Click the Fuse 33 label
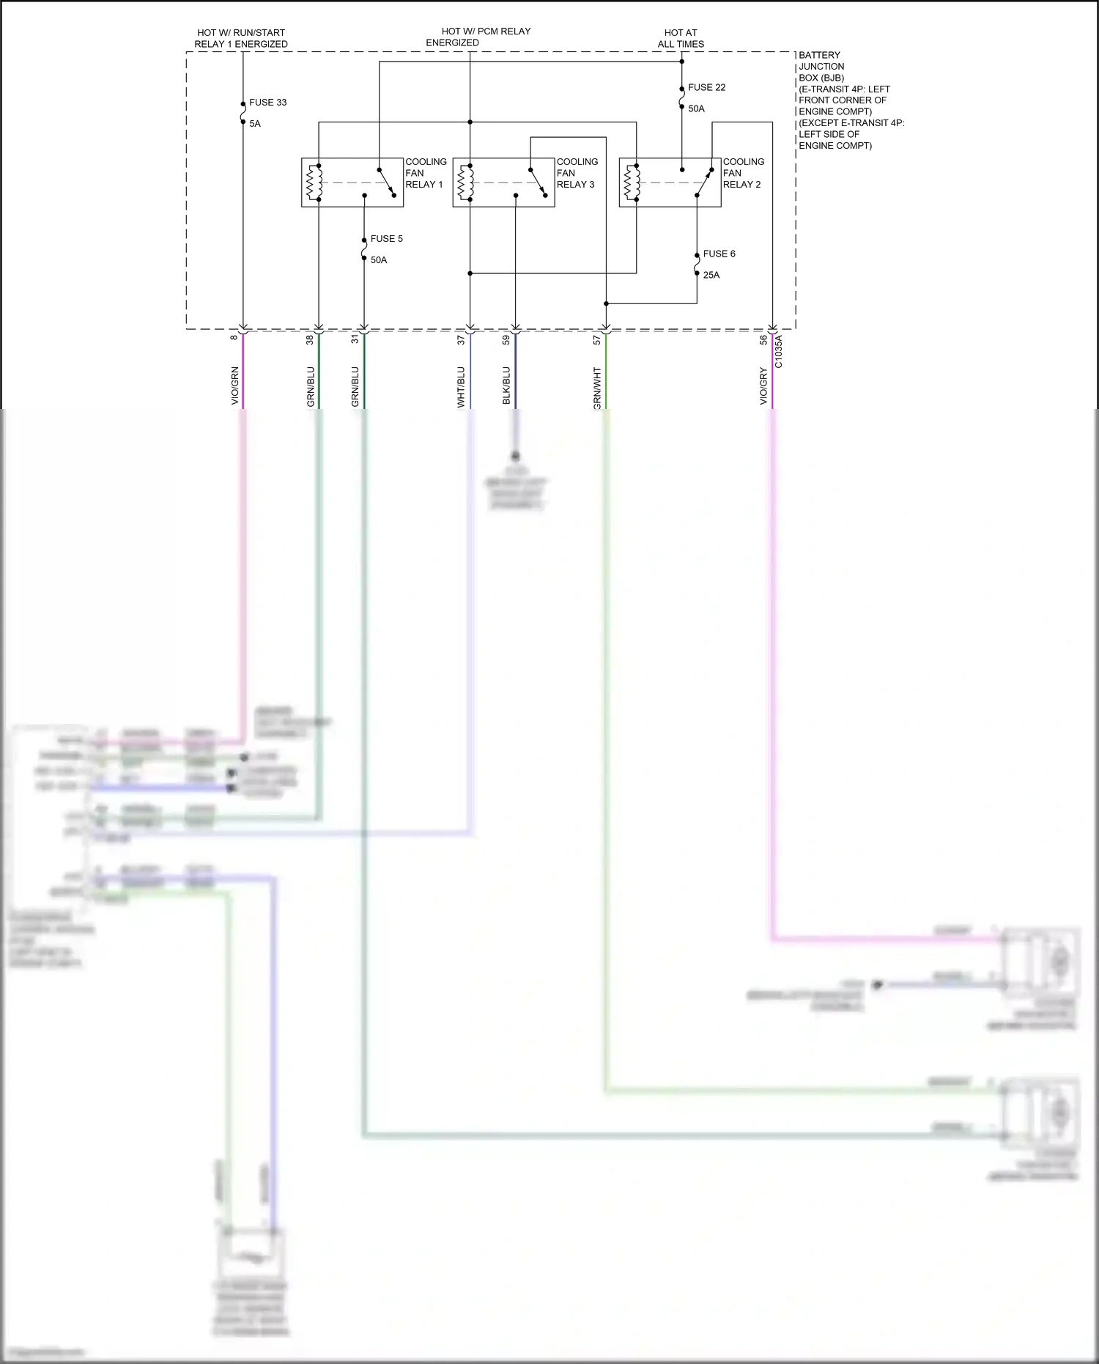click(267, 103)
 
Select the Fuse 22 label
click(706, 87)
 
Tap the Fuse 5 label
click(386, 239)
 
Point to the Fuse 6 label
click(719, 254)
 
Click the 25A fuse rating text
click(711, 275)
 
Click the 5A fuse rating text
click(255, 124)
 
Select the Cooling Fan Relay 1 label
click(425, 173)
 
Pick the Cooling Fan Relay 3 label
click(577, 173)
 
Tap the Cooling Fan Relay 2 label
click(743, 173)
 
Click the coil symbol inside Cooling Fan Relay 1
click(315, 183)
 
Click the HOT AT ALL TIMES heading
click(681, 38)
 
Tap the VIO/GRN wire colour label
click(235, 386)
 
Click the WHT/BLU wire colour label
click(461, 387)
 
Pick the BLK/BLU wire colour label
click(506, 386)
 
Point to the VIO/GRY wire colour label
click(763, 386)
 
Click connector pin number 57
click(597, 340)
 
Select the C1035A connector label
click(779, 352)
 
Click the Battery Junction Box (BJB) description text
click(850, 100)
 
